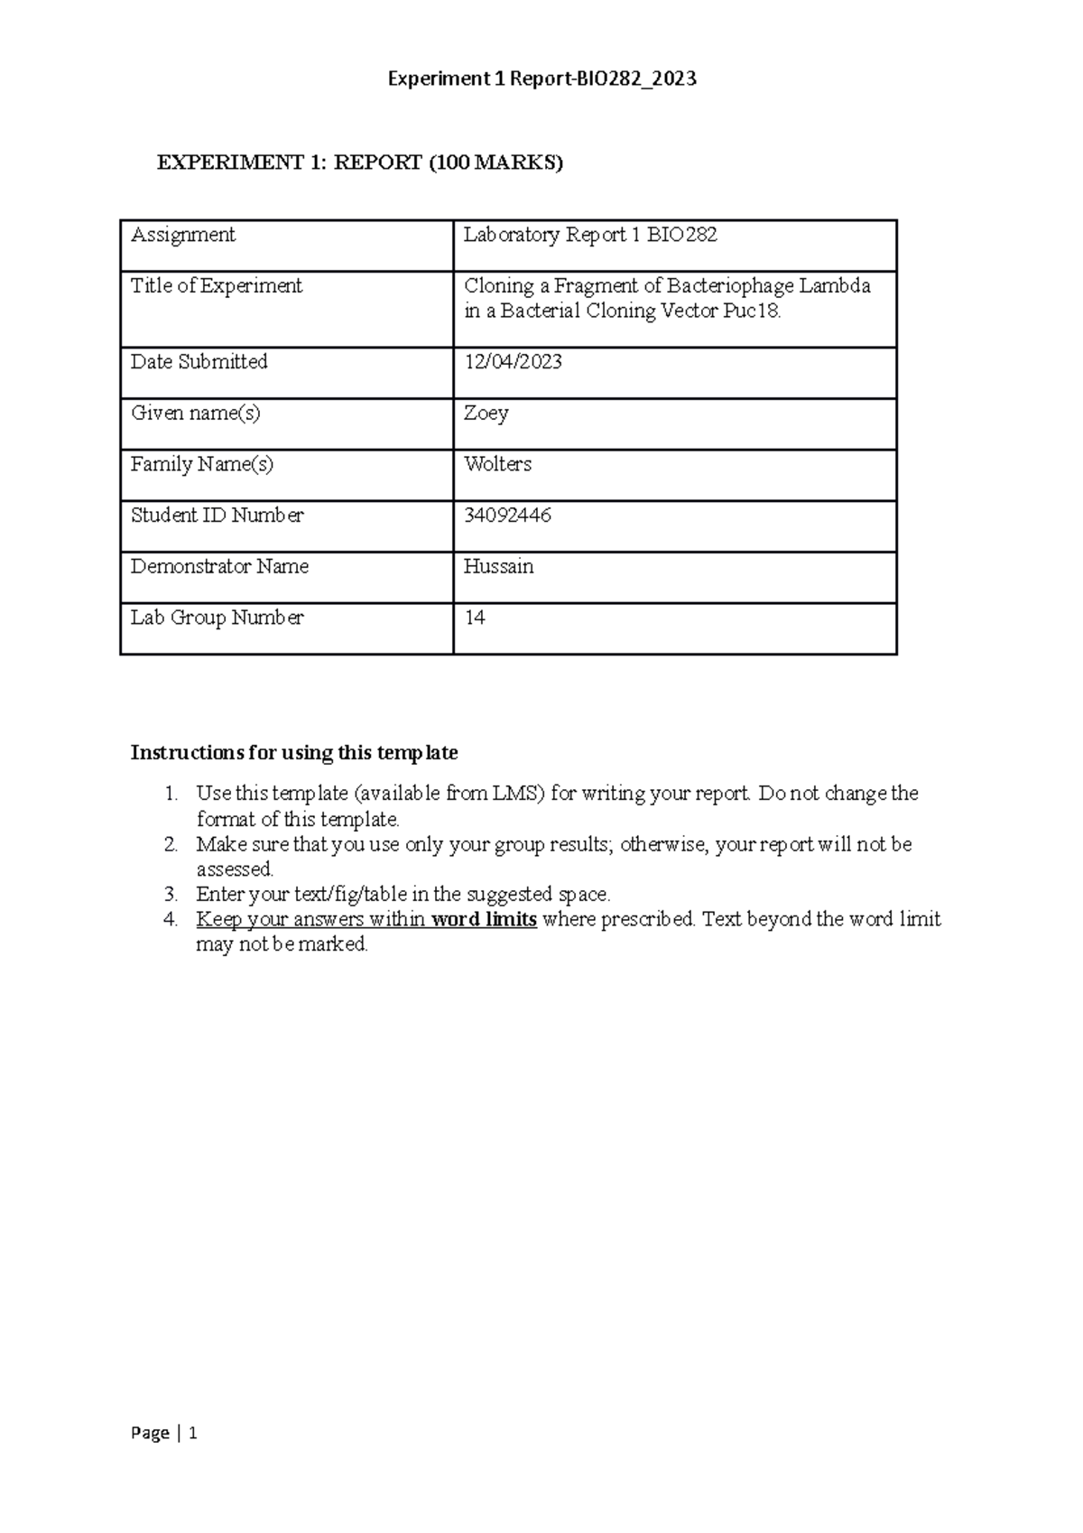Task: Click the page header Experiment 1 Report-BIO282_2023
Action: pyautogui.click(x=541, y=79)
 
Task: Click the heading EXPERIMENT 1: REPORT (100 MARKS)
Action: pyautogui.click(x=360, y=163)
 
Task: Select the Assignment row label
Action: pyautogui.click(x=183, y=236)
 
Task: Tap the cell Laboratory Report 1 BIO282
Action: pyautogui.click(x=590, y=236)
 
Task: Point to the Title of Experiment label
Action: pyautogui.click(x=217, y=286)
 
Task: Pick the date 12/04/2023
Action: pyautogui.click(x=513, y=362)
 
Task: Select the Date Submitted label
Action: pyautogui.click(x=199, y=362)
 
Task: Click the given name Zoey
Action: pyautogui.click(x=486, y=413)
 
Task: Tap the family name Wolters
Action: pyautogui.click(x=497, y=464)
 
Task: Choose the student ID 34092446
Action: pyautogui.click(x=507, y=516)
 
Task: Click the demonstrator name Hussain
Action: pyautogui.click(x=498, y=567)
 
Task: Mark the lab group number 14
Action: pyautogui.click(x=475, y=618)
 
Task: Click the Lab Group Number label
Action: pyautogui.click(x=218, y=618)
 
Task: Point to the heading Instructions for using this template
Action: pyautogui.click(x=294, y=753)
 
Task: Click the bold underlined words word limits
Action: pyautogui.click(x=485, y=920)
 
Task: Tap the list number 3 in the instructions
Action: pyautogui.click(x=171, y=895)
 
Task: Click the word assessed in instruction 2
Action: pyautogui.click(x=234, y=869)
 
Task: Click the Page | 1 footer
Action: pyautogui.click(x=164, y=1433)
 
